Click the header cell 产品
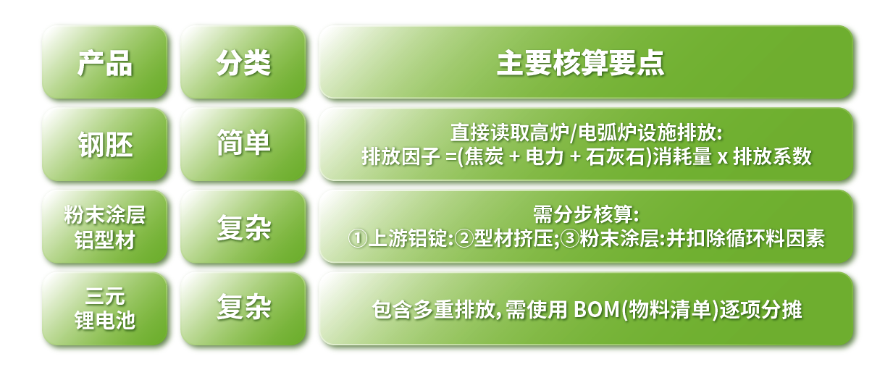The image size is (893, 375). point(105,62)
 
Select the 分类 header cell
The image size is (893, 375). point(243,62)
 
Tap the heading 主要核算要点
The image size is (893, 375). point(580,63)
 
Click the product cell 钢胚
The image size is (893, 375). point(105,145)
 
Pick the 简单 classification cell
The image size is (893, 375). point(243,145)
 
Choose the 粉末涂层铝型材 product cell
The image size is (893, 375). point(105,227)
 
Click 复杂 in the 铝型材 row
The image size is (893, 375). point(243,227)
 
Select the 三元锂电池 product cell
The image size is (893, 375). point(105,309)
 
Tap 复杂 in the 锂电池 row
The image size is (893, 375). point(243,309)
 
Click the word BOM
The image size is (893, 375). point(596,309)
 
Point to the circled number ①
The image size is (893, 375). point(357,238)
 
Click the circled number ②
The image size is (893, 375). point(464,238)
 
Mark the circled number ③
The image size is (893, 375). point(570,238)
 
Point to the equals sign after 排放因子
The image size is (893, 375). point(451,156)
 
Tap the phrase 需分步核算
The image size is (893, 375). point(583,214)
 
